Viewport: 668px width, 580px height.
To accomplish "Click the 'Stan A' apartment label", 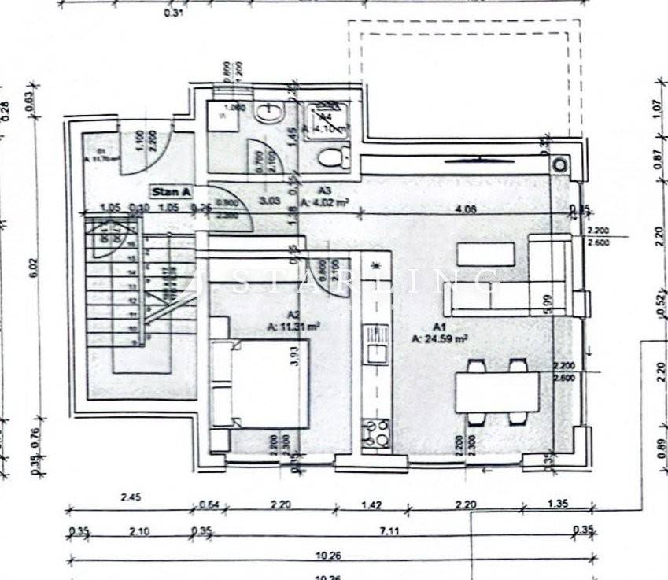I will (171, 191).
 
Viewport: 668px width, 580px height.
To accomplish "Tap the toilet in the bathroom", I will (334, 157).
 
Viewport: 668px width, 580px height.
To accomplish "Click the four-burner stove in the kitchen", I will (376, 433).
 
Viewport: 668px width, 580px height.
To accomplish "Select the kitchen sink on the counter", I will (378, 353).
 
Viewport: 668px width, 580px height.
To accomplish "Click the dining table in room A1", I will (496, 391).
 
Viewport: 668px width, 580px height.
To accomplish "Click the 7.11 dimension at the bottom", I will (390, 532).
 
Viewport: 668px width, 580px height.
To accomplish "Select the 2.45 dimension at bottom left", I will (130, 497).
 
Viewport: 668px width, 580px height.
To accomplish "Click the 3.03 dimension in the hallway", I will (271, 200).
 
